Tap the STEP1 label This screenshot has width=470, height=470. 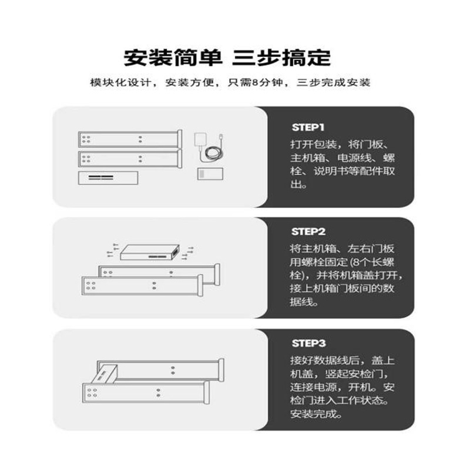click(308, 127)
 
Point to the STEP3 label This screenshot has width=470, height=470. click(308, 343)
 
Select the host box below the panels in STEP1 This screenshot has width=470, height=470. click(108, 178)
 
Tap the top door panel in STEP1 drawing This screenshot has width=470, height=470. click(128, 139)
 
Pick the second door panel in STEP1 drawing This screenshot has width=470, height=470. click(128, 159)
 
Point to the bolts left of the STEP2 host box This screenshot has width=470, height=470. click(112, 249)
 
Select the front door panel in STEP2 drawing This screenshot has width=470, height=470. click(141, 288)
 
